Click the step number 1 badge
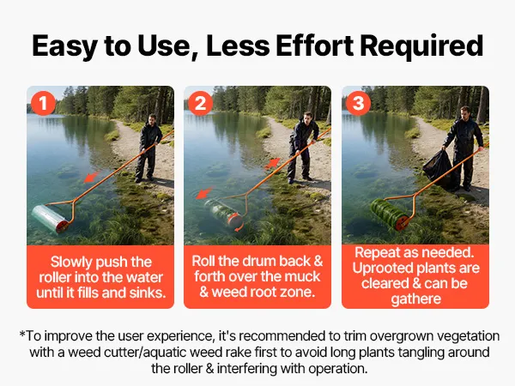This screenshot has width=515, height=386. pos(43,104)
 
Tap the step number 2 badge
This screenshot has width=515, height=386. pos(201,104)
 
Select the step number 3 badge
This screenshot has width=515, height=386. pos(359,104)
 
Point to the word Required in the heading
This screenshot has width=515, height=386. pos(421,46)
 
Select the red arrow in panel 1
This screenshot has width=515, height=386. pos(92,177)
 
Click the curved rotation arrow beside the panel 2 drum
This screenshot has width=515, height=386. pos(239,227)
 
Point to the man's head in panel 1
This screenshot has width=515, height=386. pos(152,119)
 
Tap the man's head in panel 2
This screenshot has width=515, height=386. pos(308,118)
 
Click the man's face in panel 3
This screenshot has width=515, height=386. pos(464,114)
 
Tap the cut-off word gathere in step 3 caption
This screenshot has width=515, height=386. pos(415,299)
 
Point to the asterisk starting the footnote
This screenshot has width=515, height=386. pos(22,335)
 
